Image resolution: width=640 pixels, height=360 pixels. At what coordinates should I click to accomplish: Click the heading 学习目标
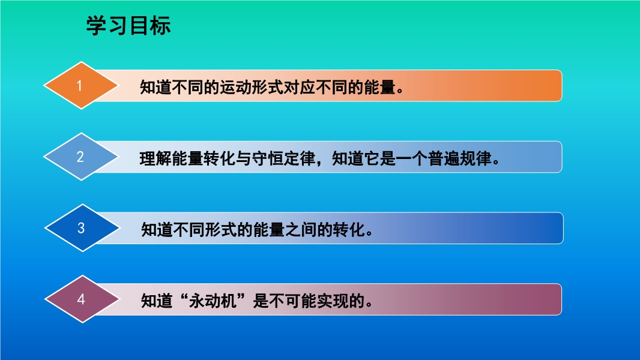click(x=128, y=26)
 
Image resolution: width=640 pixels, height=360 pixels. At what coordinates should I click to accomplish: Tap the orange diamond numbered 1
click(x=81, y=86)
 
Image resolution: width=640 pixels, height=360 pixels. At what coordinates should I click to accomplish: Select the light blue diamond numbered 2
click(x=81, y=157)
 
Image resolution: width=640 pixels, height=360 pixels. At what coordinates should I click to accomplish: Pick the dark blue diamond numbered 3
click(x=82, y=228)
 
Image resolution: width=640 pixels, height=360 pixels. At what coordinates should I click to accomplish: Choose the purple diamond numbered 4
click(x=82, y=299)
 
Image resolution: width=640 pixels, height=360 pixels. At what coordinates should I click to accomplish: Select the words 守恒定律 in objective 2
click(x=283, y=158)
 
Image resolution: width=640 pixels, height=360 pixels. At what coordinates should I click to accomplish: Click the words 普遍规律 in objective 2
click(x=460, y=158)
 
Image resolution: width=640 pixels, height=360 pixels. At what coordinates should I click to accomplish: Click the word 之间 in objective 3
click(x=301, y=230)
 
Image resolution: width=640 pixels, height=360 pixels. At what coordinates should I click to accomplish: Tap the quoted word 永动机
click(x=213, y=301)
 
